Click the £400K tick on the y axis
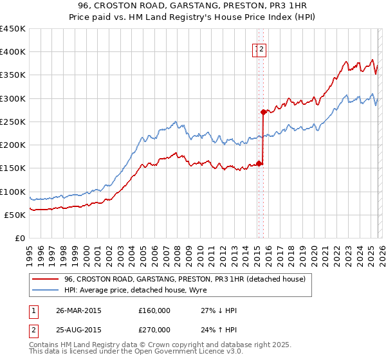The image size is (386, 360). click(x=13, y=52)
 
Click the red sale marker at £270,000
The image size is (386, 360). click(x=263, y=112)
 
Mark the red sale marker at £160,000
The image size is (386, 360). click(x=259, y=163)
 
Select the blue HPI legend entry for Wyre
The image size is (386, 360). click(x=129, y=290)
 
